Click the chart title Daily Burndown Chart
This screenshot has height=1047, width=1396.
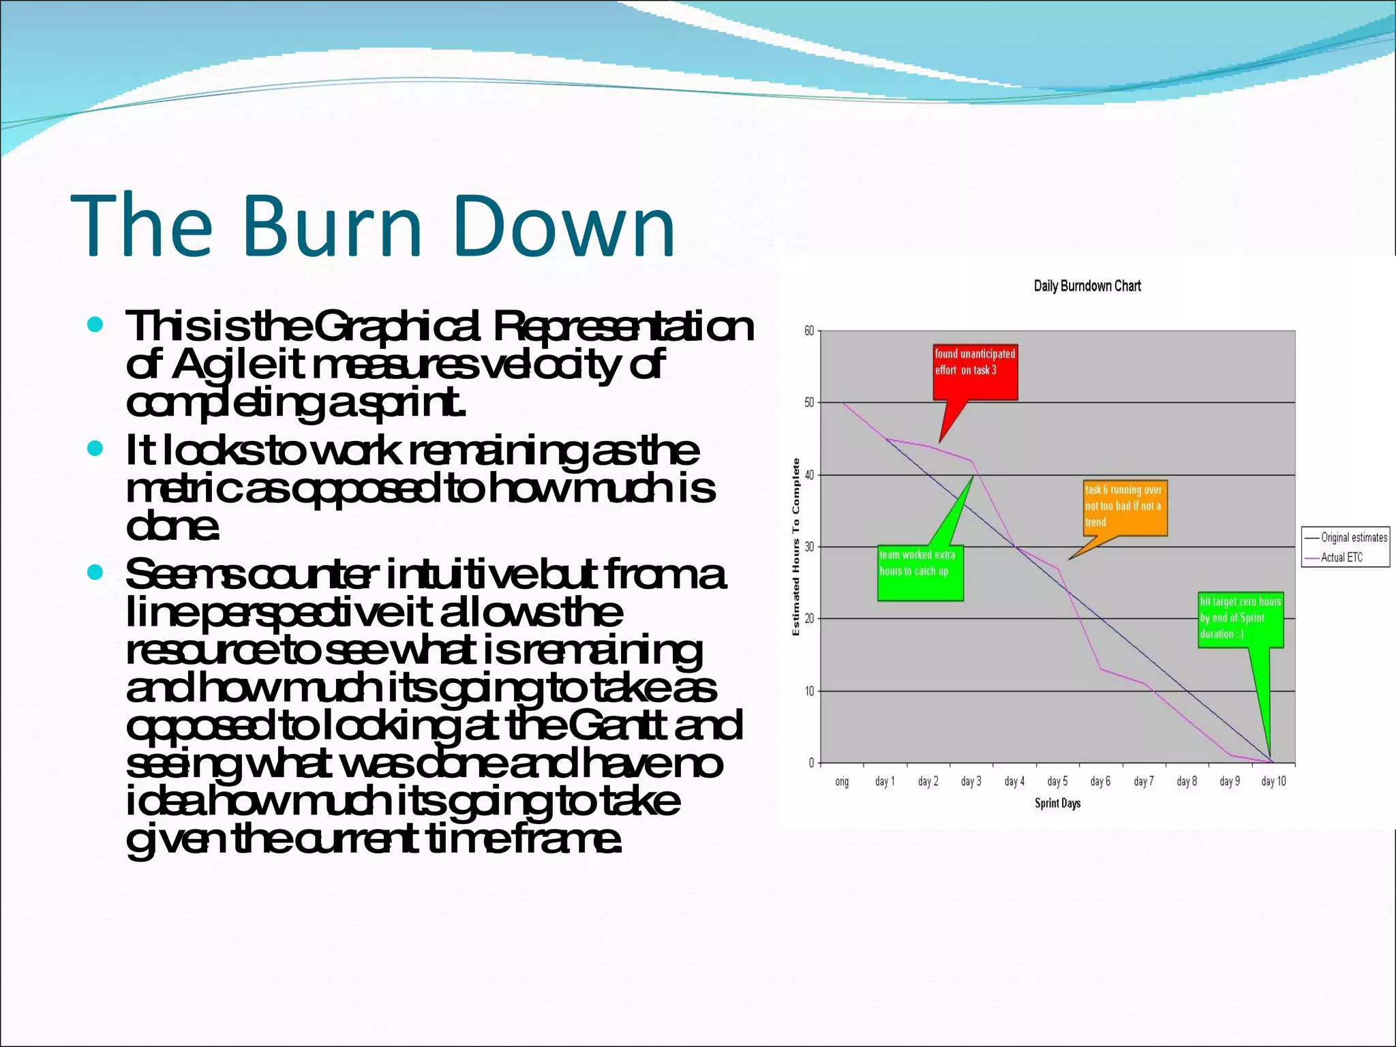pos(1087,286)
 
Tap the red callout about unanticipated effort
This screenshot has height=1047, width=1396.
pos(975,371)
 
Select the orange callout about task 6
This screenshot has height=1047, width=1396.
pos(1125,507)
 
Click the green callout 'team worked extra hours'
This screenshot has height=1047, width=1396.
pos(920,573)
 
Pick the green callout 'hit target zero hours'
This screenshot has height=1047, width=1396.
pos(1240,619)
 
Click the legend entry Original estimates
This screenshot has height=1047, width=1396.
pos(1353,538)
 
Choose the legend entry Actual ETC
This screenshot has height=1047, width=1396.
pos(1341,558)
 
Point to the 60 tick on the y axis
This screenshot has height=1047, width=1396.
pos(808,331)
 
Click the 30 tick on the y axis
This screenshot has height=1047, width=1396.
pos(808,547)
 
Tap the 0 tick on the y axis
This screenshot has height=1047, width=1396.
pos(811,763)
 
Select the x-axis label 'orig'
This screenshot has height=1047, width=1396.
pos(842,782)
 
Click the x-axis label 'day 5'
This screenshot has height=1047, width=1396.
pos(1057,782)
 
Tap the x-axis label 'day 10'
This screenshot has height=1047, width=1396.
pos(1273,782)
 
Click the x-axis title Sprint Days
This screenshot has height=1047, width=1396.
pos(1057,804)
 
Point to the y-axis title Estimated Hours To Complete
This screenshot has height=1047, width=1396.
pos(795,547)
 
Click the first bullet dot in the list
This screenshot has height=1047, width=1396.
pos(95,324)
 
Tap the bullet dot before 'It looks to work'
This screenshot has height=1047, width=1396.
pos(95,449)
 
